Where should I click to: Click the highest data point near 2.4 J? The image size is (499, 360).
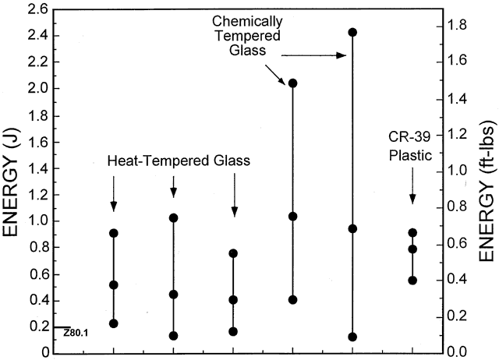(352, 33)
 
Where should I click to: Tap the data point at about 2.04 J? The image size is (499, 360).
(293, 83)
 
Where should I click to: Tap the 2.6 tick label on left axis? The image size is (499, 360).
(37, 10)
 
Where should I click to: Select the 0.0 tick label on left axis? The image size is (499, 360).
(37, 351)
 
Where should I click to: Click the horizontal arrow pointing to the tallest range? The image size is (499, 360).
(313, 55)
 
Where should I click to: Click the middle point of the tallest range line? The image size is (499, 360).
(352, 228)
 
